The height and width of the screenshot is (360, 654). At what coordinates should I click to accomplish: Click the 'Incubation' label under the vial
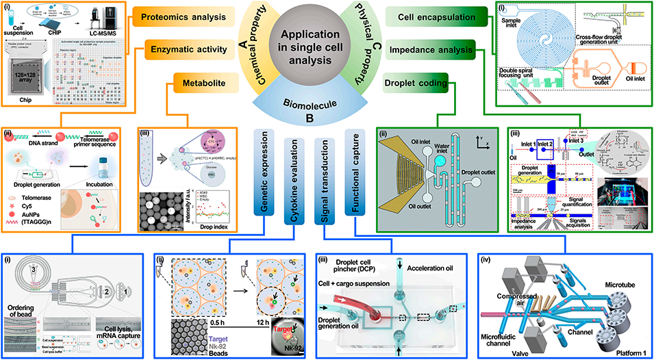click(94, 183)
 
